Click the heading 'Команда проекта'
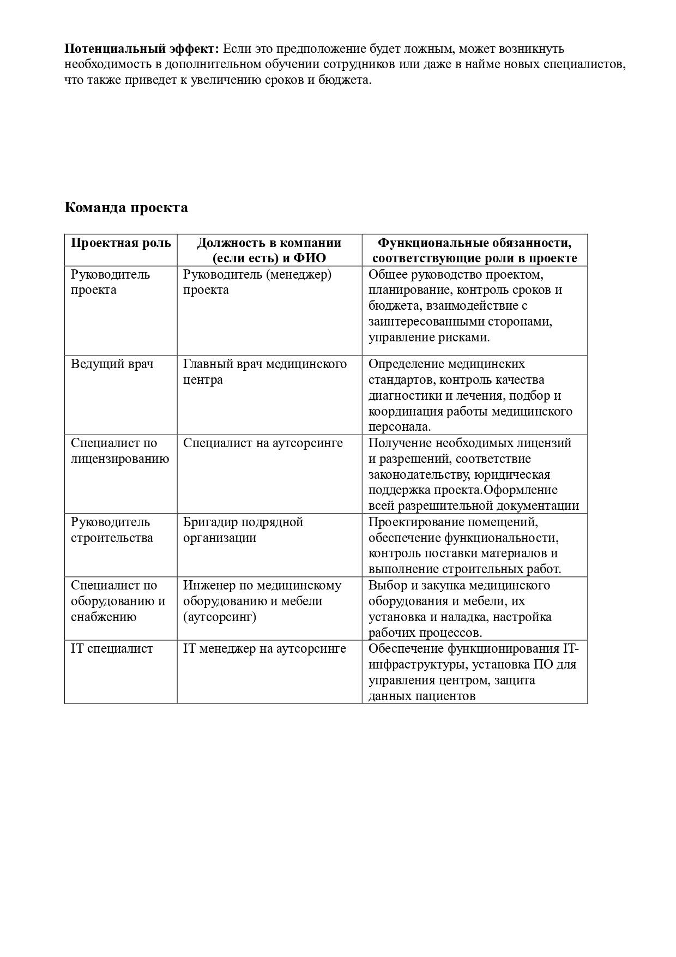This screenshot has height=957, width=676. click(126, 208)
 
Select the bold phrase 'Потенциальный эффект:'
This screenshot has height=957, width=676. click(142, 49)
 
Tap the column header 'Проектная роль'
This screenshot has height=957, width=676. click(120, 243)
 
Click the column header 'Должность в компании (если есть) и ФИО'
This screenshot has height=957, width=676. click(269, 250)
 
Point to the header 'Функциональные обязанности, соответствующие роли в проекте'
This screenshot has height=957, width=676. click(474, 250)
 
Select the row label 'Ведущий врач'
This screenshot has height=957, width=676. click(112, 364)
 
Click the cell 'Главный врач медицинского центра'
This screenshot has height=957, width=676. click(265, 372)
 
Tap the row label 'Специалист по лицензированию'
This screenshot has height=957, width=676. click(120, 451)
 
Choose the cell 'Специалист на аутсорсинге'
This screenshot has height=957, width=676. click(263, 443)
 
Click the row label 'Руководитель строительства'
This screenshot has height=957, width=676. click(112, 530)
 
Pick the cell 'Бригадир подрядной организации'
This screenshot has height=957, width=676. click(243, 530)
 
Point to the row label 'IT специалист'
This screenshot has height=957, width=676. click(112, 649)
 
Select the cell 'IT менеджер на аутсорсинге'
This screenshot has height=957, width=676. click(264, 649)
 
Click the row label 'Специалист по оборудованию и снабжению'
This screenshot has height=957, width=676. click(118, 601)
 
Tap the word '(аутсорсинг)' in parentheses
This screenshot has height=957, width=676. click(220, 617)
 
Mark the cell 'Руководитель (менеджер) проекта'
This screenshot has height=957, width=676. click(257, 282)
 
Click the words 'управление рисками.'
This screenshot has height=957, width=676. click(429, 338)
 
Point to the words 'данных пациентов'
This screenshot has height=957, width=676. click(422, 696)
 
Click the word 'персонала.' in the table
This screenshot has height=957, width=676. click(400, 427)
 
